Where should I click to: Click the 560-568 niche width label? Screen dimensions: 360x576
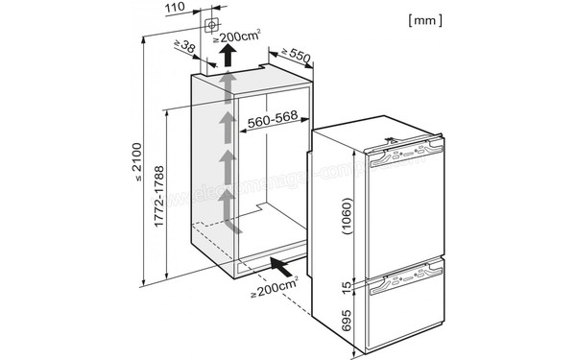pos(271,122)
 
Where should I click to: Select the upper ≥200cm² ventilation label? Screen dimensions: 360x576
pos(237,36)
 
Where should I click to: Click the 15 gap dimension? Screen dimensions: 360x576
pos(348,285)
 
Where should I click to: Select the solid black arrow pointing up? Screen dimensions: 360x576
pos(229,58)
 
